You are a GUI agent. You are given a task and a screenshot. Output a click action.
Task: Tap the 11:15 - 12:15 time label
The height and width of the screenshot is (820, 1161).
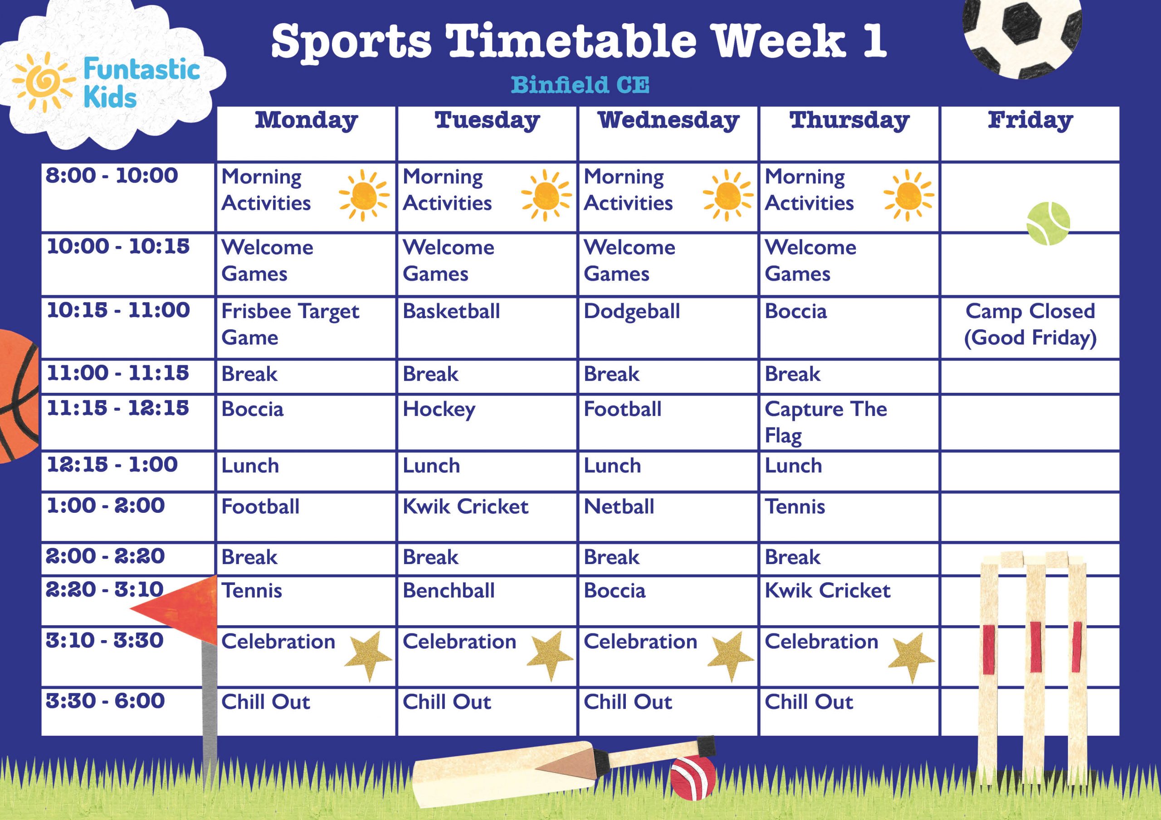tap(118, 408)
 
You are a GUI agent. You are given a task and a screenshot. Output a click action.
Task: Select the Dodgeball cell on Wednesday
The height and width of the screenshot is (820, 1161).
tap(632, 312)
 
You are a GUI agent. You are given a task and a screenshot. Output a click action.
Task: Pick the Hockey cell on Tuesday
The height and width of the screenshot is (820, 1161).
tap(439, 410)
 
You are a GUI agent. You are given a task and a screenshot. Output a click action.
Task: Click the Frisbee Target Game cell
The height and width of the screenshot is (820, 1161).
tap(290, 324)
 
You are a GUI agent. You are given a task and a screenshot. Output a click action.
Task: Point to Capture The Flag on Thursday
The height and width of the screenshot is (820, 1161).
tap(825, 422)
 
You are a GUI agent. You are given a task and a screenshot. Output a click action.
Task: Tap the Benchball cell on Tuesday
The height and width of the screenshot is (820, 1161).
tap(449, 591)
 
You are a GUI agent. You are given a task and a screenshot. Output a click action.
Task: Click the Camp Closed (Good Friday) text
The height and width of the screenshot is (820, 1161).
tap(1030, 324)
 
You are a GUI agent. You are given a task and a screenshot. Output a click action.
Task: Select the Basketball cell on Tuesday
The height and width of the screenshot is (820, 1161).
tap(451, 312)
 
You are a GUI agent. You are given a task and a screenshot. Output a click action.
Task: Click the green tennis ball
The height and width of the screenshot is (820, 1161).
tap(1048, 223)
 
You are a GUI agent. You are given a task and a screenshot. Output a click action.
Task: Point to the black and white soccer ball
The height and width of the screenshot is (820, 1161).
tap(1022, 35)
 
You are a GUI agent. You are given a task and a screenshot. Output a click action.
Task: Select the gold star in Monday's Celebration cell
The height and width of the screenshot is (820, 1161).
tap(369, 656)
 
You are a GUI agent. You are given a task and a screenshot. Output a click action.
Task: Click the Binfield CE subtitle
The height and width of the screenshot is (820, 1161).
tap(580, 85)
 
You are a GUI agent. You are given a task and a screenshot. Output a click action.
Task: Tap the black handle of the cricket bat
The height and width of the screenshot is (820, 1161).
tap(707, 745)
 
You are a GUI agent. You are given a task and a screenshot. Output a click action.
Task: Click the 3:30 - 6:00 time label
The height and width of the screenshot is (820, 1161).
tap(105, 701)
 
